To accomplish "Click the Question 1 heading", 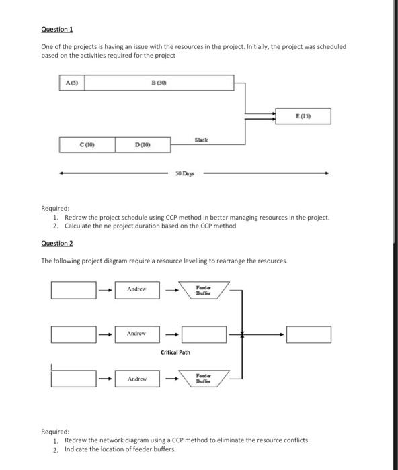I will tap(56, 29).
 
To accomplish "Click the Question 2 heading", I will tap(56, 243).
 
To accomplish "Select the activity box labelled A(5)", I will tap(71, 83).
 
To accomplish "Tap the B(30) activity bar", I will tap(159, 83).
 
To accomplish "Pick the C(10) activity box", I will tap(87, 144).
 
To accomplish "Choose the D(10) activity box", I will tap(142, 144).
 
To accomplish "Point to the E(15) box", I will tap(304, 116).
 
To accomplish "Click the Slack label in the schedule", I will tap(201, 139).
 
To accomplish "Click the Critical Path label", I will tap(175, 352).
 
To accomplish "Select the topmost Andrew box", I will tap(137, 289).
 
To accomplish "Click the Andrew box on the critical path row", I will tap(137, 333).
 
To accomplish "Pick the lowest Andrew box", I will tap(137, 379).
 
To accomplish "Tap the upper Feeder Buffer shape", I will tap(204, 289).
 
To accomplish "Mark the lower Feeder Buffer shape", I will tap(204, 379).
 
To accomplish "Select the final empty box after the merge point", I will tap(309, 333).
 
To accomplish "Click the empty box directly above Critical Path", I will tap(204, 333).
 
